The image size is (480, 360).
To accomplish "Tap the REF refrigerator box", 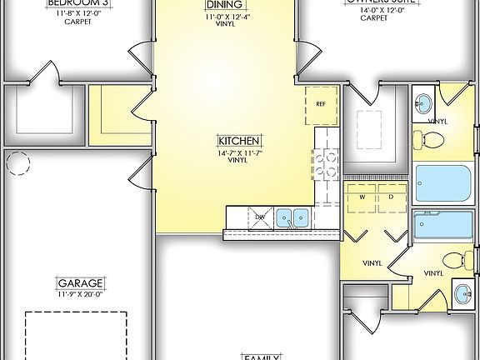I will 320,104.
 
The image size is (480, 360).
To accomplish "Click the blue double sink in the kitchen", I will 292,218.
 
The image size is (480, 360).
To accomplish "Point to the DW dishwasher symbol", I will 259,217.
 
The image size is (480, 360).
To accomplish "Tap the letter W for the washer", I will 362,197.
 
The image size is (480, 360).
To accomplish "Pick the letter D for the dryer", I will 391,197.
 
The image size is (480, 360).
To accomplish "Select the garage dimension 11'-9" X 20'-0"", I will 79,293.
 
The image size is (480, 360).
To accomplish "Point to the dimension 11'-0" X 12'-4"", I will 223,15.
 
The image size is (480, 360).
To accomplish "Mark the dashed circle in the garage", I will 17,163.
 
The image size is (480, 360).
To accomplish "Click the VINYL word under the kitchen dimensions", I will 240,160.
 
